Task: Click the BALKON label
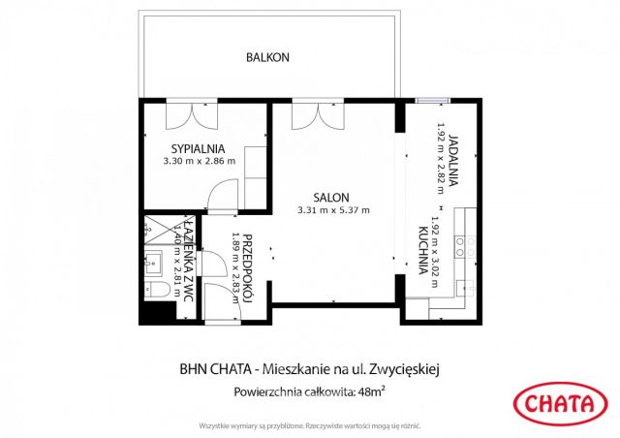pos(266,57)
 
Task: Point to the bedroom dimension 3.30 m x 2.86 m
pos(199,161)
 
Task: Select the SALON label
pos(331,196)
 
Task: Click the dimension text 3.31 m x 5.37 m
pos(332,209)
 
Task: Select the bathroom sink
pos(151,259)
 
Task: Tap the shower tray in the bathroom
pos(155,229)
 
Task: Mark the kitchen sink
pos(465,288)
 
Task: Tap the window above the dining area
pos(431,100)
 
